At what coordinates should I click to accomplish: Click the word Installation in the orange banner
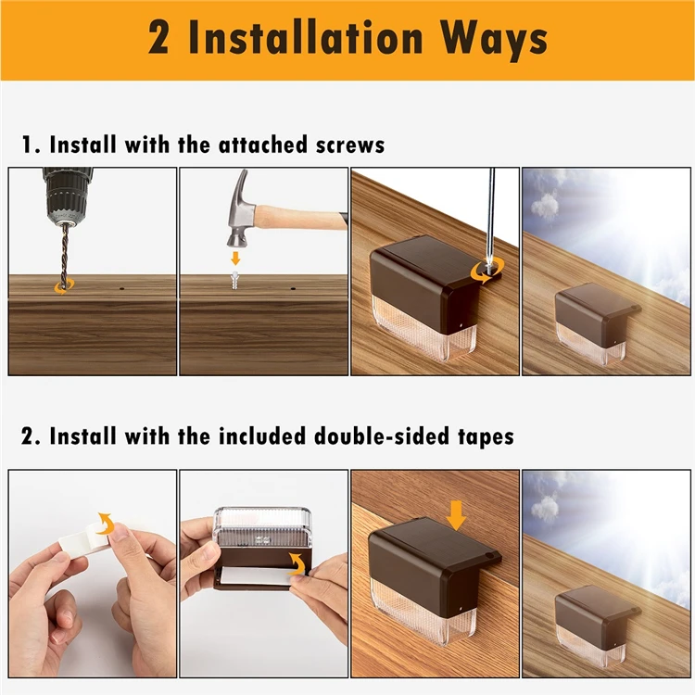(x=307, y=38)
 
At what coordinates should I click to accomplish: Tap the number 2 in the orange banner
(x=158, y=38)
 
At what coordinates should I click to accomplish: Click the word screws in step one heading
(x=350, y=145)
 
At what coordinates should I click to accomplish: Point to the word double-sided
(x=382, y=436)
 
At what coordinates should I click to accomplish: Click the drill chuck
(x=68, y=195)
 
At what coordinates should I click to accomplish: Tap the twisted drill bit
(x=65, y=255)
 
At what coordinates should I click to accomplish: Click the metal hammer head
(x=242, y=208)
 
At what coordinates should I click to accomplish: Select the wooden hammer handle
(x=301, y=217)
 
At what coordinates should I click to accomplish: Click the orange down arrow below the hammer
(x=235, y=259)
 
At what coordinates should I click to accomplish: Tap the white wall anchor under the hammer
(x=235, y=280)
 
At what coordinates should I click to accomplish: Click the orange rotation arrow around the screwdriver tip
(x=487, y=272)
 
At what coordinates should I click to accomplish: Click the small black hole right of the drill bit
(x=121, y=288)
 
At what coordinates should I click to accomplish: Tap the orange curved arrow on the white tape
(x=107, y=524)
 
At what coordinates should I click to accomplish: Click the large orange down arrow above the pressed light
(x=456, y=515)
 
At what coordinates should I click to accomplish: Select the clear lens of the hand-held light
(x=262, y=526)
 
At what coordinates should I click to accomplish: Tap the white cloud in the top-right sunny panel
(x=545, y=207)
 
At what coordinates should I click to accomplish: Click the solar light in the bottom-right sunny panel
(x=596, y=625)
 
